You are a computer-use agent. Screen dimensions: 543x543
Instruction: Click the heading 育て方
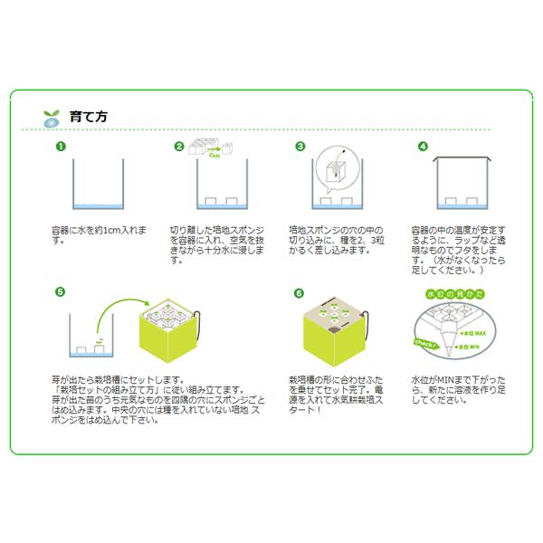(x=89, y=117)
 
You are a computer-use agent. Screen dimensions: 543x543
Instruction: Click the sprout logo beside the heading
(x=51, y=118)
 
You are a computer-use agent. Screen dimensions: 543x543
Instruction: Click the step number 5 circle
(x=60, y=292)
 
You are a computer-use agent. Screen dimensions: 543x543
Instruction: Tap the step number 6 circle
(x=300, y=292)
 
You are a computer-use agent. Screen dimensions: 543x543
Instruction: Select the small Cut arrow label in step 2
(x=214, y=155)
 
